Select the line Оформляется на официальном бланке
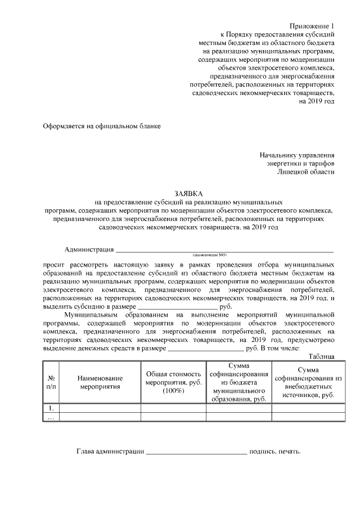(x=102, y=126)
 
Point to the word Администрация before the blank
(x=89, y=249)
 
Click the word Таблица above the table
(x=322, y=357)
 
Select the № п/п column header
(x=51, y=382)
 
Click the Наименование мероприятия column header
(x=100, y=382)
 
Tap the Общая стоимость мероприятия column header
(x=173, y=382)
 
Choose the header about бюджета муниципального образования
(x=238, y=382)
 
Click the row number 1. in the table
(x=51, y=408)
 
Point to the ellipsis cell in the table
(x=51, y=417)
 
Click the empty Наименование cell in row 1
(x=100, y=408)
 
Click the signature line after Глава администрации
(x=196, y=452)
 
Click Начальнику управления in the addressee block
(x=297, y=154)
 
